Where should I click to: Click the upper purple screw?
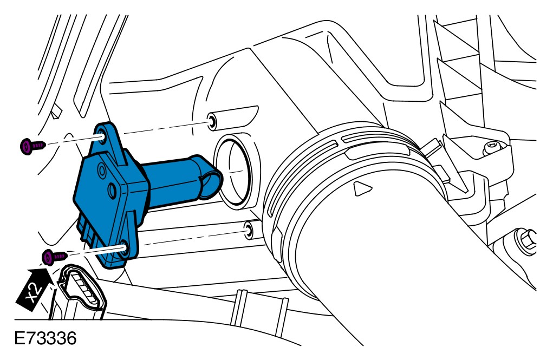point(32,146)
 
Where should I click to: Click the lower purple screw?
point(54,257)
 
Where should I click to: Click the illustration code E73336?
point(45,339)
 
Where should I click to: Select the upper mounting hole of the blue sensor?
point(101,136)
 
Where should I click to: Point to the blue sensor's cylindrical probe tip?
point(210,180)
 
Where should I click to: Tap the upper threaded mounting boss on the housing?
point(212,122)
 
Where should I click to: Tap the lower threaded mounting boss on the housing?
point(248,230)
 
